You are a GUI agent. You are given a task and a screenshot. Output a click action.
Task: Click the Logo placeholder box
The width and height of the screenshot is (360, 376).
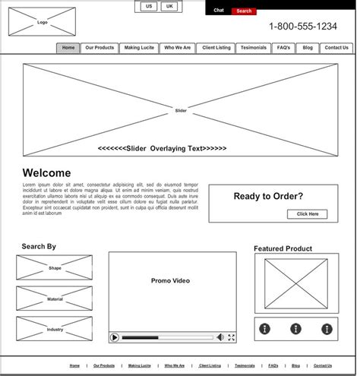pyautogui.click(x=42, y=22)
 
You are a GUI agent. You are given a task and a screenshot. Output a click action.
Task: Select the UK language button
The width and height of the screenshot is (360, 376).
pyautogui.click(x=169, y=6)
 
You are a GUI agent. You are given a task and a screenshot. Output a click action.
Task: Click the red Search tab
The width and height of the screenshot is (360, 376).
pyautogui.click(x=244, y=11)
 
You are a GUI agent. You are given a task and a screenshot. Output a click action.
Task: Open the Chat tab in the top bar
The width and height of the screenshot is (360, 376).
pyautogui.click(x=219, y=11)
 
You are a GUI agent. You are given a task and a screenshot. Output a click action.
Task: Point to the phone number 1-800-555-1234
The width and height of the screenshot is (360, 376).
pyautogui.click(x=303, y=27)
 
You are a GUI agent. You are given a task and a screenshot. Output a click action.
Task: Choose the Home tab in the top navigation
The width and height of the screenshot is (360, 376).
pyautogui.click(x=68, y=48)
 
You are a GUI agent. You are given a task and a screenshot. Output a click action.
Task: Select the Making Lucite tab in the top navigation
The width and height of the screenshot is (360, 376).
pyautogui.click(x=139, y=48)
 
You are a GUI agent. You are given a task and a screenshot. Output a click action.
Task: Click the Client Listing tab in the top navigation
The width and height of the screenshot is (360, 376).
pyautogui.click(x=216, y=48)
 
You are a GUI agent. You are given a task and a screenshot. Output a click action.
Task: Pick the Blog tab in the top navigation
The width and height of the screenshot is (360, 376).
pyautogui.click(x=308, y=48)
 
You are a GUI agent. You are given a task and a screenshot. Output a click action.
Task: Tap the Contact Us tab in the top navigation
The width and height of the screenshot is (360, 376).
pyautogui.click(x=336, y=48)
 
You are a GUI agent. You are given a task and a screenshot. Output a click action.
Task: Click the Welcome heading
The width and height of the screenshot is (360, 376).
pyautogui.click(x=46, y=173)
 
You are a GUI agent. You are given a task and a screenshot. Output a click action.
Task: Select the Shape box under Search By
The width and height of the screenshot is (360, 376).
pyautogui.click(x=55, y=268)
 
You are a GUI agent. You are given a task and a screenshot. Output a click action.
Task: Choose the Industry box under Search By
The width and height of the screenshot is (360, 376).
pyautogui.click(x=55, y=329)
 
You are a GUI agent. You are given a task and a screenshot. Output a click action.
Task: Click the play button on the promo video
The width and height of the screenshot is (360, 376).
pyautogui.click(x=115, y=337)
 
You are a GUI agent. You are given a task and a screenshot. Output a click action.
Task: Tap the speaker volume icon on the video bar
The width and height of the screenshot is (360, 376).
pyautogui.click(x=220, y=337)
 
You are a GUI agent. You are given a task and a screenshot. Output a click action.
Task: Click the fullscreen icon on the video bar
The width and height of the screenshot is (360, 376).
pyautogui.click(x=232, y=337)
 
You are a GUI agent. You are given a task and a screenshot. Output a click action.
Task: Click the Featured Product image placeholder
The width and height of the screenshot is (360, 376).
pyautogui.click(x=291, y=283)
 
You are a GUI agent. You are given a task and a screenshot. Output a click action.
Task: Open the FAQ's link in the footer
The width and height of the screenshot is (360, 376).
pyautogui.click(x=273, y=365)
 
